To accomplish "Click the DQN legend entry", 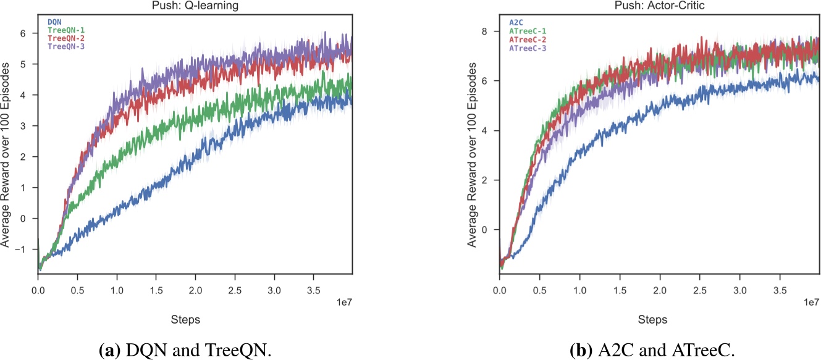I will (55, 22).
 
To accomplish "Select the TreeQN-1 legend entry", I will (65, 30).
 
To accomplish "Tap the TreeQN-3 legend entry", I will (65, 46).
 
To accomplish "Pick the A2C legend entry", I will (516, 22).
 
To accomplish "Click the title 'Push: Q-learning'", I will (195, 6).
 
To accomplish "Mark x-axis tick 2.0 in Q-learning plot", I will (195, 289).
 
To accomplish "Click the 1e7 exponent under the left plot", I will (342, 303).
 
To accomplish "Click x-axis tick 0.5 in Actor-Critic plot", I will (539, 289).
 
